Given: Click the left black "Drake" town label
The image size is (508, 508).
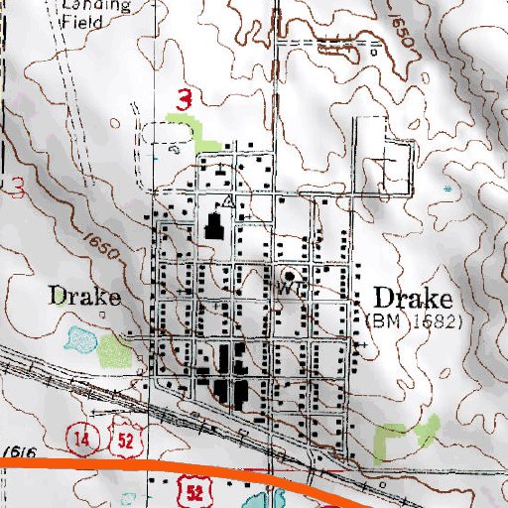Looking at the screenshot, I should click(84, 297).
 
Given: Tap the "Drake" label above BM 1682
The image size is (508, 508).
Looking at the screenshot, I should click(412, 299).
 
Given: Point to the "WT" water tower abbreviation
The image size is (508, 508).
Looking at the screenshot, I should click(289, 290).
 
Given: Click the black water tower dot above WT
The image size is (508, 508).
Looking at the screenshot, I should click(289, 275).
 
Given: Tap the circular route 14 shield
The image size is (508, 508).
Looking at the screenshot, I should click(78, 436).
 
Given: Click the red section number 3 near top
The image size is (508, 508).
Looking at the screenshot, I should click(184, 99).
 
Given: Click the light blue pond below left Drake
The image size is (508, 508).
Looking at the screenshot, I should click(76, 341).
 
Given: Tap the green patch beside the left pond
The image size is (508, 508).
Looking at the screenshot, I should click(111, 348).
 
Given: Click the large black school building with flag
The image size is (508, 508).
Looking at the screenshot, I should click(211, 227).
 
